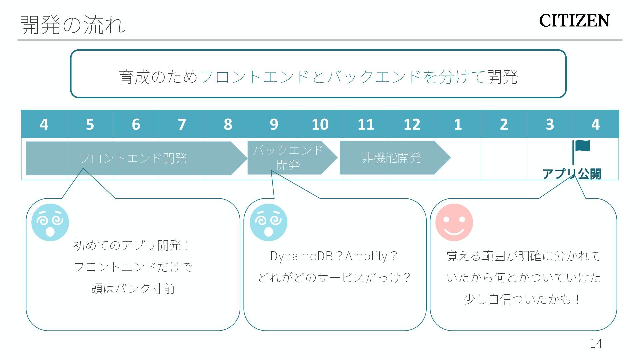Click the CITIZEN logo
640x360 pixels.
point(574,21)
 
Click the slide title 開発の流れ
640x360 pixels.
point(72,25)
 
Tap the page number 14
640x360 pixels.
point(596,343)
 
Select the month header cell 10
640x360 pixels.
point(320,124)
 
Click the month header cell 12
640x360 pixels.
point(412,124)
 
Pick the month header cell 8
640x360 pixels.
point(228,124)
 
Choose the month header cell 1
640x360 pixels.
point(458,124)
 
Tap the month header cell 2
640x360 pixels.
point(504,124)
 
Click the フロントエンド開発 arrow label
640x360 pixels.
point(133,158)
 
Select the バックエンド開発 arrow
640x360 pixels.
point(288,158)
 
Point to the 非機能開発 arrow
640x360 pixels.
point(391,158)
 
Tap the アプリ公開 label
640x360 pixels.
point(571,174)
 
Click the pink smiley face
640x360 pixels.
point(454,222)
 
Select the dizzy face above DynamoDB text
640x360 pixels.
point(268,222)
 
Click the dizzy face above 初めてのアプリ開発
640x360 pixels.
point(50,222)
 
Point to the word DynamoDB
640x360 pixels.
point(301,256)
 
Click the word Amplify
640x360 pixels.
point(366,256)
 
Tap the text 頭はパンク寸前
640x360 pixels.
point(133,288)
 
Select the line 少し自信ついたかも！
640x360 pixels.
point(523,299)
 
